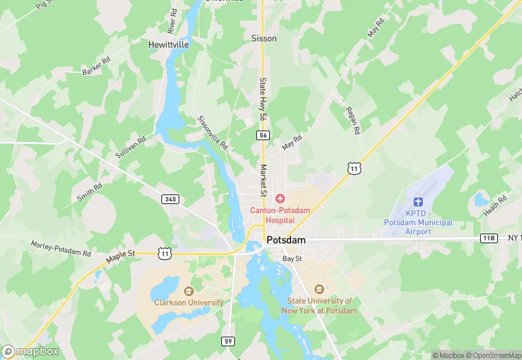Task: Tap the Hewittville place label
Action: coord(168,44)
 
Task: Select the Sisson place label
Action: coord(264,38)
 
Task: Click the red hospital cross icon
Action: coord(280,199)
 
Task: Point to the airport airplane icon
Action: coord(418,201)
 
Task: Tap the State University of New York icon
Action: coord(318,289)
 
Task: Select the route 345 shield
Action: coord(170,199)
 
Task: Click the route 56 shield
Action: coord(264,135)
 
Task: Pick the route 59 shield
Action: coord(228,341)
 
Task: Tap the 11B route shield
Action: coord(488,238)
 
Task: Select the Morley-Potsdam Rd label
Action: coord(60,248)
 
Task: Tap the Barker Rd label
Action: coord(96,67)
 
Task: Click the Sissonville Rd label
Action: coord(212,133)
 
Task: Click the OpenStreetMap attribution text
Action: coord(494,355)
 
